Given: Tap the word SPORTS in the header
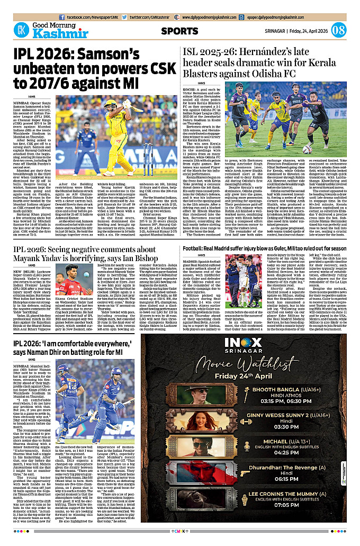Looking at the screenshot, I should pyautogui.click(x=179, y=31).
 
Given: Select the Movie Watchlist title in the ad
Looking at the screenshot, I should pyautogui.click(x=250, y=379).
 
